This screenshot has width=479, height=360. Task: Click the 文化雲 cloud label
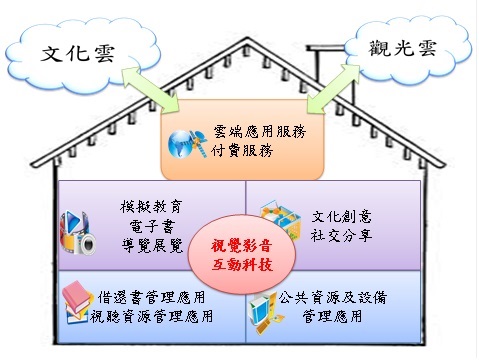(78, 53)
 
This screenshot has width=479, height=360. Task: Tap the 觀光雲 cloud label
(403, 48)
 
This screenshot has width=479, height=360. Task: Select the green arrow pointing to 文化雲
(151, 89)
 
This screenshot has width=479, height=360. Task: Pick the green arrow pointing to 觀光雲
(333, 89)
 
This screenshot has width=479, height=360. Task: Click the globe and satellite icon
(187, 144)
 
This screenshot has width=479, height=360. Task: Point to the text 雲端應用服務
(260, 132)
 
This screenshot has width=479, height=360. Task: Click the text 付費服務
(242, 151)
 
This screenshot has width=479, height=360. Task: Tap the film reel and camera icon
(78, 233)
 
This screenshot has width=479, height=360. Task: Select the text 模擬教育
(151, 207)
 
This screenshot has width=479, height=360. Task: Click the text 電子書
(152, 227)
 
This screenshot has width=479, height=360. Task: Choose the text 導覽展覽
(152, 246)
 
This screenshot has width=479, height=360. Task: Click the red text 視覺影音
(241, 246)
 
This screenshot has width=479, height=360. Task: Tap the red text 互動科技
(242, 265)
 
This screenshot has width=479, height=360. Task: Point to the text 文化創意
(341, 217)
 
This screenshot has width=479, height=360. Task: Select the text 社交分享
(341, 235)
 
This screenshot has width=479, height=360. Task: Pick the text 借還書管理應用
(151, 297)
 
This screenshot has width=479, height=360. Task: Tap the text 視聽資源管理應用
(151, 316)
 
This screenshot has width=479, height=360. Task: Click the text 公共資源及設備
(332, 297)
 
